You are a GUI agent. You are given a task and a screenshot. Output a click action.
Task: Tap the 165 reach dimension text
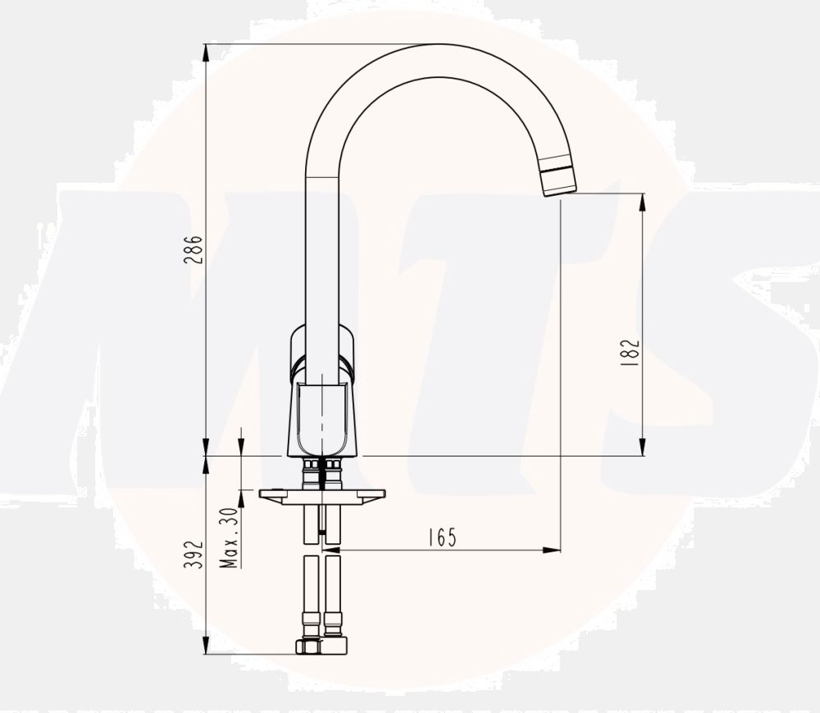pos(441,537)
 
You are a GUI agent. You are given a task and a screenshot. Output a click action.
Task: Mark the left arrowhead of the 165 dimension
pos(333,550)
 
